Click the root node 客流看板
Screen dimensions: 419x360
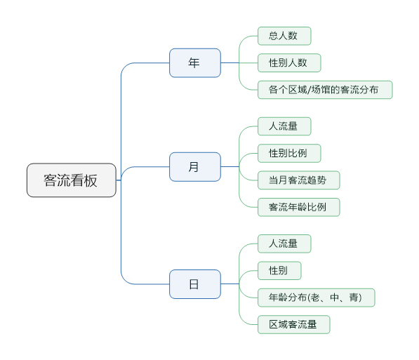coord(72,180)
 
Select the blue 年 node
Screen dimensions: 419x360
coord(195,63)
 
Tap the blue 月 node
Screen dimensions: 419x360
coord(195,167)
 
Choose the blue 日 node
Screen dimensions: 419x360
coord(195,284)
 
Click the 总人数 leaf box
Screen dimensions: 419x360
coord(284,36)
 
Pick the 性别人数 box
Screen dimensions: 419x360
coord(289,62)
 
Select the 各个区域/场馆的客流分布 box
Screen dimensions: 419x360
coord(325,90)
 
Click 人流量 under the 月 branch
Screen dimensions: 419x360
coord(284,126)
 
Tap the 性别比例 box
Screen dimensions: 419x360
coord(289,154)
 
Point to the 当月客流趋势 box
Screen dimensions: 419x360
coord(299,180)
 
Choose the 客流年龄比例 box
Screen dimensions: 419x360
coord(299,207)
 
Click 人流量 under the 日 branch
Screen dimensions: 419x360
coord(284,244)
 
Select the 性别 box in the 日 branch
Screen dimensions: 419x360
coord(279,271)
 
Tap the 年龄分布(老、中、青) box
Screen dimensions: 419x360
coord(317,298)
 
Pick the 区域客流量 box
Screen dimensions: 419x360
coord(294,325)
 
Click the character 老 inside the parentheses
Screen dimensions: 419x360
coord(315,298)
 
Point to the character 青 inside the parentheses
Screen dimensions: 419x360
coord(354,298)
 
